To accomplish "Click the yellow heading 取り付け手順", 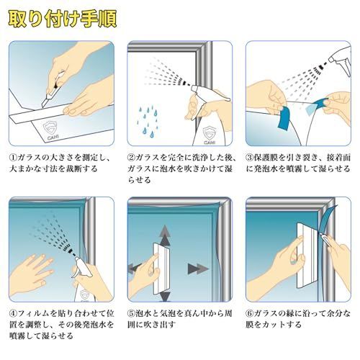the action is (63, 19).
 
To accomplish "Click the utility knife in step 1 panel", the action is (53, 89).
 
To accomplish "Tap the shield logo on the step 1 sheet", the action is (49, 128).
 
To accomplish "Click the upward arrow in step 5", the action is (165, 235).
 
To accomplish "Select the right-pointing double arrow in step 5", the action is (197, 269).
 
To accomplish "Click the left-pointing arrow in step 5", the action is (136, 267).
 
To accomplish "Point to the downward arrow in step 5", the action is (165, 297).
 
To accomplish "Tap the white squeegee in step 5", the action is (162, 269).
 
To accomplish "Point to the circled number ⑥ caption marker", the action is (250, 313).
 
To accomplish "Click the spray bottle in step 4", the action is (81, 279).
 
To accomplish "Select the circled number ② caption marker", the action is (131, 158).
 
